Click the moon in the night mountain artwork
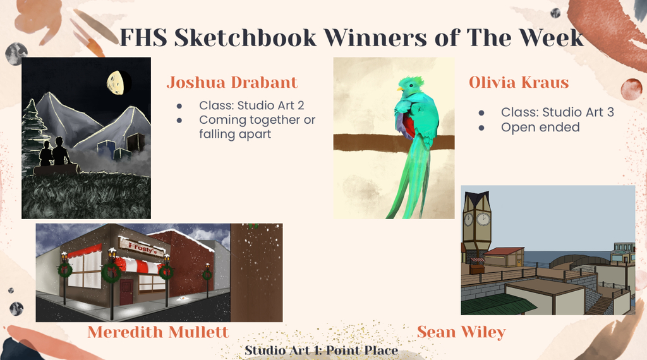pos(117,83)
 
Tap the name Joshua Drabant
pos(232,83)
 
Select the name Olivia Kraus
pos(519,83)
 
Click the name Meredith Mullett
pos(158,332)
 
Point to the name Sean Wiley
pos(461,332)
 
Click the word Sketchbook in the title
pos(245,38)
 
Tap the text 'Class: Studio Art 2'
pos(251,105)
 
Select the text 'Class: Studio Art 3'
pos(557,112)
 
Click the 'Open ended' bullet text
pos(541,128)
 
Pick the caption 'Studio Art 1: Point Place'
pos(322,351)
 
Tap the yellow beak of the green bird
pos(399,88)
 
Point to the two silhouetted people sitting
pos(54,153)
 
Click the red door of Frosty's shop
pos(126,292)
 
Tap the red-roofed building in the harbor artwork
pos(504,256)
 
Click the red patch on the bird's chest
pos(409,127)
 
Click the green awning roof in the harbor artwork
pos(491,304)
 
